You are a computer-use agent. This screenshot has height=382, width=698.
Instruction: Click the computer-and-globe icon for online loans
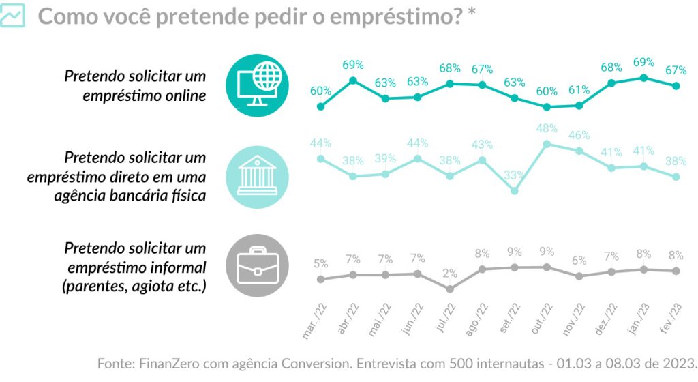pyautogui.click(x=256, y=85)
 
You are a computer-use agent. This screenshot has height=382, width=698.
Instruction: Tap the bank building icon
pyautogui.click(x=256, y=177)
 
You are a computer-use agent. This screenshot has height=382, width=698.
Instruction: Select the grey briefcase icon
pyautogui.click(x=256, y=265)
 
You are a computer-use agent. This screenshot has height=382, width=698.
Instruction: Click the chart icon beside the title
pyautogui.click(x=13, y=16)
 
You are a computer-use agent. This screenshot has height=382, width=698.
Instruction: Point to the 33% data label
pyautogui.click(x=515, y=174)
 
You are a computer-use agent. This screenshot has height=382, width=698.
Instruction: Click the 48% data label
pyautogui.click(x=547, y=128)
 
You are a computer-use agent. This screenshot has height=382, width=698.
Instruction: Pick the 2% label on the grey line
pyautogui.click(x=450, y=274)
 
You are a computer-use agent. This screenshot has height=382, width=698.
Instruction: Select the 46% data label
pyautogui.click(x=579, y=135)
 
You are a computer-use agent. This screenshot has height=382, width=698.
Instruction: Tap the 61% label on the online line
pyautogui.click(x=579, y=90)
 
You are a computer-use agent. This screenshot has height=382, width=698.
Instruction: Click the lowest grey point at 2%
pyautogui.click(x=450, y=289)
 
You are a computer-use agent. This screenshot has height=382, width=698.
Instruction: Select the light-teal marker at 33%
pyautogui.click(x=515, y=191)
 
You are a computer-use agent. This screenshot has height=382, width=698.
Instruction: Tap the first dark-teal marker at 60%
pyautogui.click(x=321, y=106)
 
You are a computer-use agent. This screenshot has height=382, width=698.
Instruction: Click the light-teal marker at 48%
pyautogui.click(x=547, y=144)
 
